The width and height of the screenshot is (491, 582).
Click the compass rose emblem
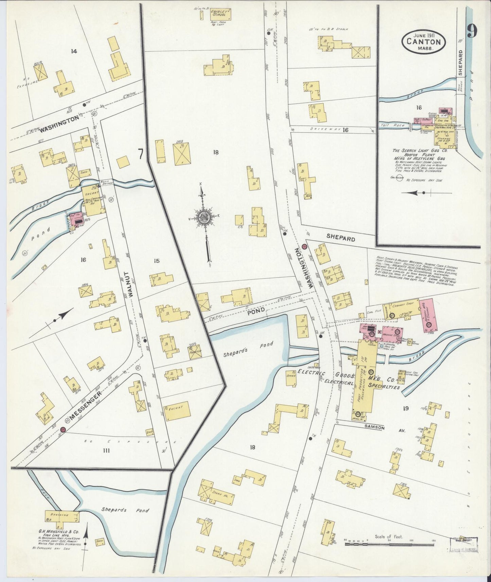(205, 217)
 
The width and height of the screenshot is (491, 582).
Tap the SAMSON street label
(375, 428)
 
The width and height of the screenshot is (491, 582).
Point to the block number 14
(73, 51)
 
